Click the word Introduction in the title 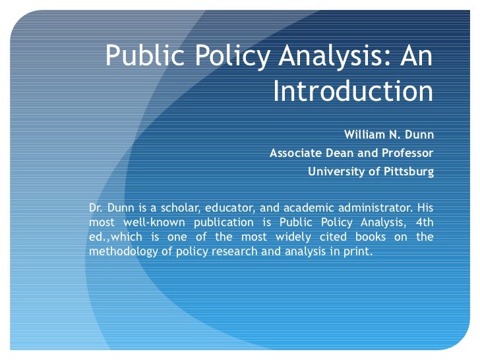point(353,91)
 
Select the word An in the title point(415,58)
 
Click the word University point(333,171)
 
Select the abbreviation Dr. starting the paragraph point(96,206)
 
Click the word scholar point(176,206)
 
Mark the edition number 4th point(422,222)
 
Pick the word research point(233,252)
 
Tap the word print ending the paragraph point(359,252)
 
